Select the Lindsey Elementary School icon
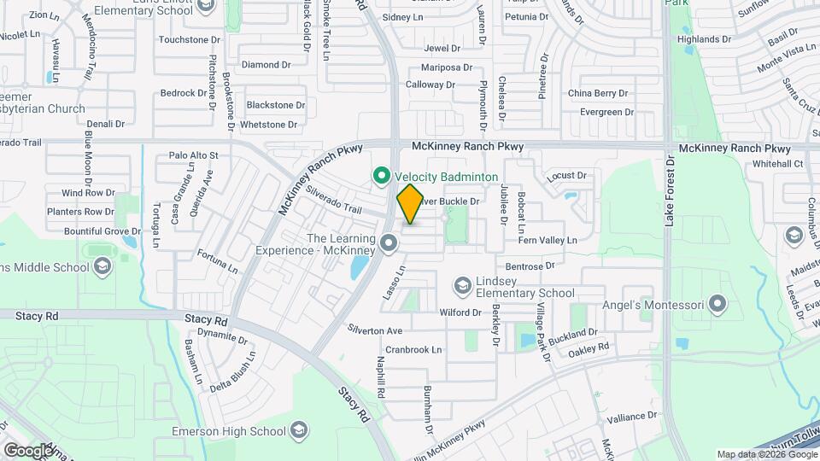click(x=463, y=284)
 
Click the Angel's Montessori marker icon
click(x=717, y=305)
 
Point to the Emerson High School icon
click(x=299, y=429)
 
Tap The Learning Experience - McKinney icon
click(x=389, y=245)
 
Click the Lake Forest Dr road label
click(x=670, y=190)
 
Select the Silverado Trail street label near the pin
click(x=335, y=201)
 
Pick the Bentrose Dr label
click(x=530, y=266)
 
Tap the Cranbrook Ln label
click(x=413, y=350)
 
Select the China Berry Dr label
click(x=598, y=93)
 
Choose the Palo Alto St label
click(x=194, y=155)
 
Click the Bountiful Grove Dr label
click(x=101, y=231)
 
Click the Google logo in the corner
click(x=28, y=450)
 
